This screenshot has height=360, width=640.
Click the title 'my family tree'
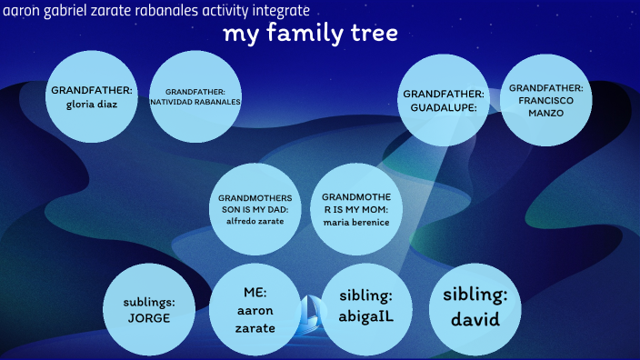click(x=310, y=35)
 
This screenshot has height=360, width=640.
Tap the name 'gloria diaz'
click(x=92, y=103)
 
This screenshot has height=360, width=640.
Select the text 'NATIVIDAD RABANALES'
click(x=201, y=103)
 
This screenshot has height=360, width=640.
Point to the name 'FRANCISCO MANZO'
click(x=545, y=107)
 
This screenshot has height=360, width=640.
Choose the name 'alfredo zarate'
click(x=255, y=220)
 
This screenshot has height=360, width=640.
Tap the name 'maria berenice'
click(x=355, y=221)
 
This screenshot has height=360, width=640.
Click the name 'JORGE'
click(x=149, y=318)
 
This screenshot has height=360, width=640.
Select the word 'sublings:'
click(x=149, y=302)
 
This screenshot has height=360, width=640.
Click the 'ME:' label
click(x=254, y=292)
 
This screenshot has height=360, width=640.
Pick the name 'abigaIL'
click(x=365, y=316)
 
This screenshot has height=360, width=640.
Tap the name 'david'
click(x=475, y=320)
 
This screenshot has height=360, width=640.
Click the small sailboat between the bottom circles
click(x=313, y=309)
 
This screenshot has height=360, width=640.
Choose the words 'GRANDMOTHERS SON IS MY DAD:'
click(x=255, y=203)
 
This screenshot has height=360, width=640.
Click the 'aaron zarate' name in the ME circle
click(x=255, y=318)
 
